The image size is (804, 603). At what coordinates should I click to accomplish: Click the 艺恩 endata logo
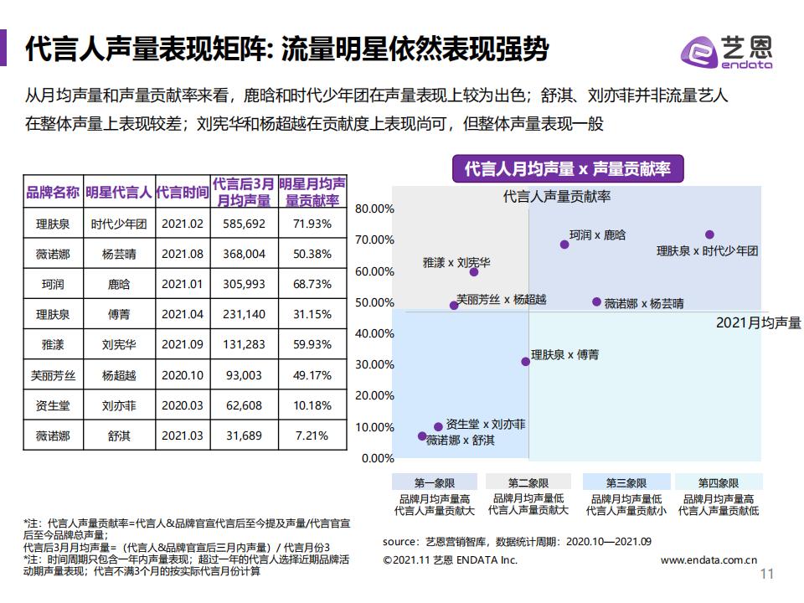pyautogui.click(x=726, y=52)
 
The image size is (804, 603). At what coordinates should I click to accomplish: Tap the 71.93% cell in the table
pyautogui.click(x=312, y=224)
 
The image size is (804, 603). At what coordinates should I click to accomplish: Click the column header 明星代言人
pyautogui.click(x=118, y=192)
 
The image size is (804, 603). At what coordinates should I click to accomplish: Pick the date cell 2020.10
pyautogui.click(x=182, y=375)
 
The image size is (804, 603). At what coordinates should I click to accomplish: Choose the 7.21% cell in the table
pyautogui.click(x=312, y=435)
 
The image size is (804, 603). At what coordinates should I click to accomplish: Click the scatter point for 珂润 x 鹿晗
pyautogui.click(x=564, y=245)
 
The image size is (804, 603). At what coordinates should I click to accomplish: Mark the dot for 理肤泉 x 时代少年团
pyautogui.click(x=709, y=235)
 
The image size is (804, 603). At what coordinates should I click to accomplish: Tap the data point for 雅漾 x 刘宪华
pyautogui.click(x=474, y=271)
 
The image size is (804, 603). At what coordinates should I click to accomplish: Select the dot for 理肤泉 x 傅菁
pyautogui.click(x=526, y=362)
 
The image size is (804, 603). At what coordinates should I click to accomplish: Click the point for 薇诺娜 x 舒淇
pyautogui.click(x=422, y=436)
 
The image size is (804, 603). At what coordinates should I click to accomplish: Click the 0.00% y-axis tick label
pyautogui.click(x=377, y=458)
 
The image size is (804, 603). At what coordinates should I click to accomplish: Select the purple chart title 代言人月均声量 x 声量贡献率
pyautogui.click(x=567, y=169)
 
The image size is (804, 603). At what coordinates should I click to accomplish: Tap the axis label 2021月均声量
pyautogui.click(x=758, y=322)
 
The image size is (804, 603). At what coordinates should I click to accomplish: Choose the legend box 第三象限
pyautogui.click(x=625, y=483)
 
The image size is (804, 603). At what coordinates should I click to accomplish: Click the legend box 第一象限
pyautogui.click(x=434, y=483)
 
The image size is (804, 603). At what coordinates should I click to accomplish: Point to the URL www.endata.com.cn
pyautogui.click(x=709, y=559)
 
